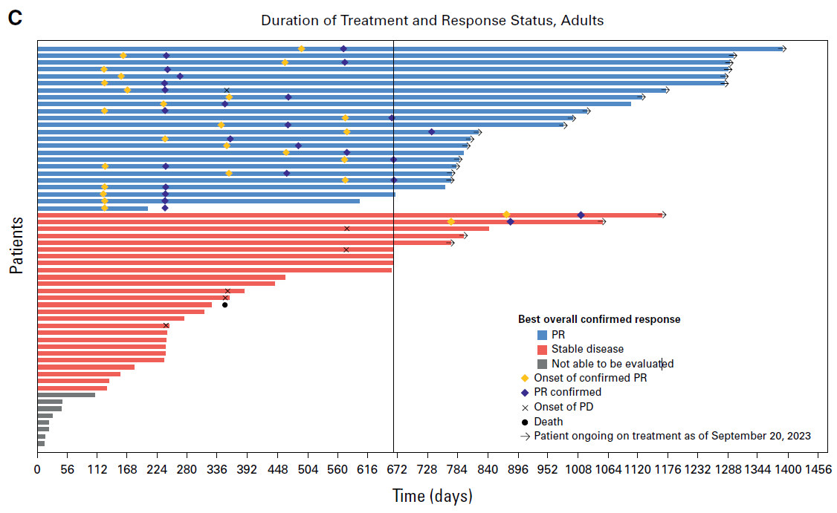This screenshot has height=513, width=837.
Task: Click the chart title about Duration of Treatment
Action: click(x=432, y=20)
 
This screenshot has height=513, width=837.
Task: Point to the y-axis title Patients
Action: click(x=16, y=246)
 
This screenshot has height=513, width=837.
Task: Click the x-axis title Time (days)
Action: click(x=432, y=496)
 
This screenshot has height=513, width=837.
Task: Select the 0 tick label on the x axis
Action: click(x=37, y=469)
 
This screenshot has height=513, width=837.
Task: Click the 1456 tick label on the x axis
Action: click(x=818, y=469)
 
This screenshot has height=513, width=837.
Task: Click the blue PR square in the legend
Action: click(x=542, y=335)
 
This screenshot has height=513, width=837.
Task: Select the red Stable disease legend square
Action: click(x=542, y=349)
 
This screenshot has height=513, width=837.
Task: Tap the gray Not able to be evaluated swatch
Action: click(x=542, y=364)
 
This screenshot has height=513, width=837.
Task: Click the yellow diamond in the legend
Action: click(x=526, y=378)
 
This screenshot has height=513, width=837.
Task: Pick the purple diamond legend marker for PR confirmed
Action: click(x=526, y=392)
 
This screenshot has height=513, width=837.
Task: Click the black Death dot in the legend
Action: click(x=526, y=422)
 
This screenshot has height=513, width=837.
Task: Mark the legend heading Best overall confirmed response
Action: click(x=598, y=319)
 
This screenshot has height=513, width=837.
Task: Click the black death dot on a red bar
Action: click(x=224, y=304)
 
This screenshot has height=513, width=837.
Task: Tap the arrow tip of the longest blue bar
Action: click(x=783, y=49)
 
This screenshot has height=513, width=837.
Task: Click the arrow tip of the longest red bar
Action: click(x=664, y=215)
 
